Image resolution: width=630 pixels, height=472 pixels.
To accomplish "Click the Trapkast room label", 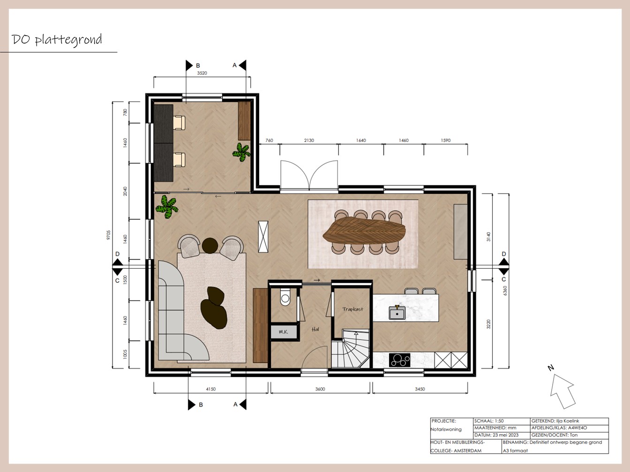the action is (352, 309).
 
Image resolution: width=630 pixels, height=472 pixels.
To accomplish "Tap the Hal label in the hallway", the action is (315, 329).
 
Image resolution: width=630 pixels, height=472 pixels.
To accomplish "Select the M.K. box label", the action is (283, 332).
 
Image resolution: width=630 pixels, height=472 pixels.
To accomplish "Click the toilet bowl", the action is (285, 297).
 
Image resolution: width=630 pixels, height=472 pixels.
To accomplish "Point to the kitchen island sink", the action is (397, 313).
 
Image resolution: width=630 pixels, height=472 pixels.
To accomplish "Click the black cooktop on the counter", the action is (399, 360).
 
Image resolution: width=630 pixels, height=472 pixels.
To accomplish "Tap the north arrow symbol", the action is (562, 391).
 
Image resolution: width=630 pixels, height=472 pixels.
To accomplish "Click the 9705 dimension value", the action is (108, 235).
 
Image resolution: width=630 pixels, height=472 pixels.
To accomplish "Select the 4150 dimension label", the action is (210, 389).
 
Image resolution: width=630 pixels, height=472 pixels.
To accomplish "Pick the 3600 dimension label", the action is (320, 389).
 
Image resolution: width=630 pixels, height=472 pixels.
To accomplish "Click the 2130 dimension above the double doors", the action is (309, 140).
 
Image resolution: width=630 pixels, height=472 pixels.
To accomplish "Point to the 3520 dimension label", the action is (202, 73).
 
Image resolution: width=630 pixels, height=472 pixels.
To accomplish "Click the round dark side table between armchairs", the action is (210, 246).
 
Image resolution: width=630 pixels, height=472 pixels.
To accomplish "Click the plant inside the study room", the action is (241, 152).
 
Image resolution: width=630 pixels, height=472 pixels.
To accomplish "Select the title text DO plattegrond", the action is (57, 39).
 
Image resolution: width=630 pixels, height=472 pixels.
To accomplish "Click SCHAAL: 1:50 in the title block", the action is (489, 421).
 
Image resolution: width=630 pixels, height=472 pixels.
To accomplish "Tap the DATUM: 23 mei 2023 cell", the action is (496, 435).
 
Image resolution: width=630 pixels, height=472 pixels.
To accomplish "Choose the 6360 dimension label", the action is (505, 291).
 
